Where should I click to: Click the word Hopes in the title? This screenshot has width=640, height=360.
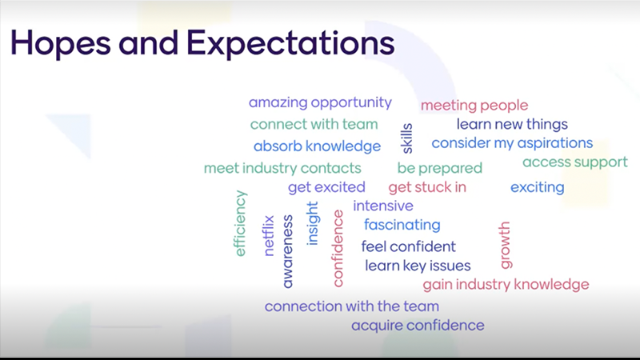point(61,43)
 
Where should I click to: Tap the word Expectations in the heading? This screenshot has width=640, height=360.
point(290,42)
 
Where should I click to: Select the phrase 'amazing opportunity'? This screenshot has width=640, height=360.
point(320,102)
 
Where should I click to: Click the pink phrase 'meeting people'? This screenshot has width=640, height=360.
point(474,106)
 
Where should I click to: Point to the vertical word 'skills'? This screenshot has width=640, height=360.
point(407,138)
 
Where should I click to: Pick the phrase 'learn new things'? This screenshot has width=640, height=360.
point(512,124)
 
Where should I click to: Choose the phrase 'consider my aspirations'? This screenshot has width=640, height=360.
point(512,143)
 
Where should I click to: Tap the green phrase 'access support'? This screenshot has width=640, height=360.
point(574,162)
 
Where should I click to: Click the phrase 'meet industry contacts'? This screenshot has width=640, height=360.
point(282,168)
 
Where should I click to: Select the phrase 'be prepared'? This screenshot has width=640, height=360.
point(439,168)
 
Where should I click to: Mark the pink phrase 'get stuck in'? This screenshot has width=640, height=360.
point(427,187)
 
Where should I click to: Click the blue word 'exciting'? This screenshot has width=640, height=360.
point(537,187)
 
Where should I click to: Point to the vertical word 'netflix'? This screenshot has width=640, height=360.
point(268,235)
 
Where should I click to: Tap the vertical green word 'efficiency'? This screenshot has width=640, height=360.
point(240,223)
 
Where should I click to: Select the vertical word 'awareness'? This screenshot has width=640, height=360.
point(287,251)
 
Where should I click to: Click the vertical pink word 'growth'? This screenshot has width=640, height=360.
point(505,245)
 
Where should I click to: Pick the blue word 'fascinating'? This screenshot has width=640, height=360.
point(402,225)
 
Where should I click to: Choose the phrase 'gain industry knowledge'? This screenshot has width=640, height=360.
point(506,285)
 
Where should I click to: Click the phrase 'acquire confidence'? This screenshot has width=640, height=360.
point(418,326)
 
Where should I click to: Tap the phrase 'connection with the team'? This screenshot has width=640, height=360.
point(352,306)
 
